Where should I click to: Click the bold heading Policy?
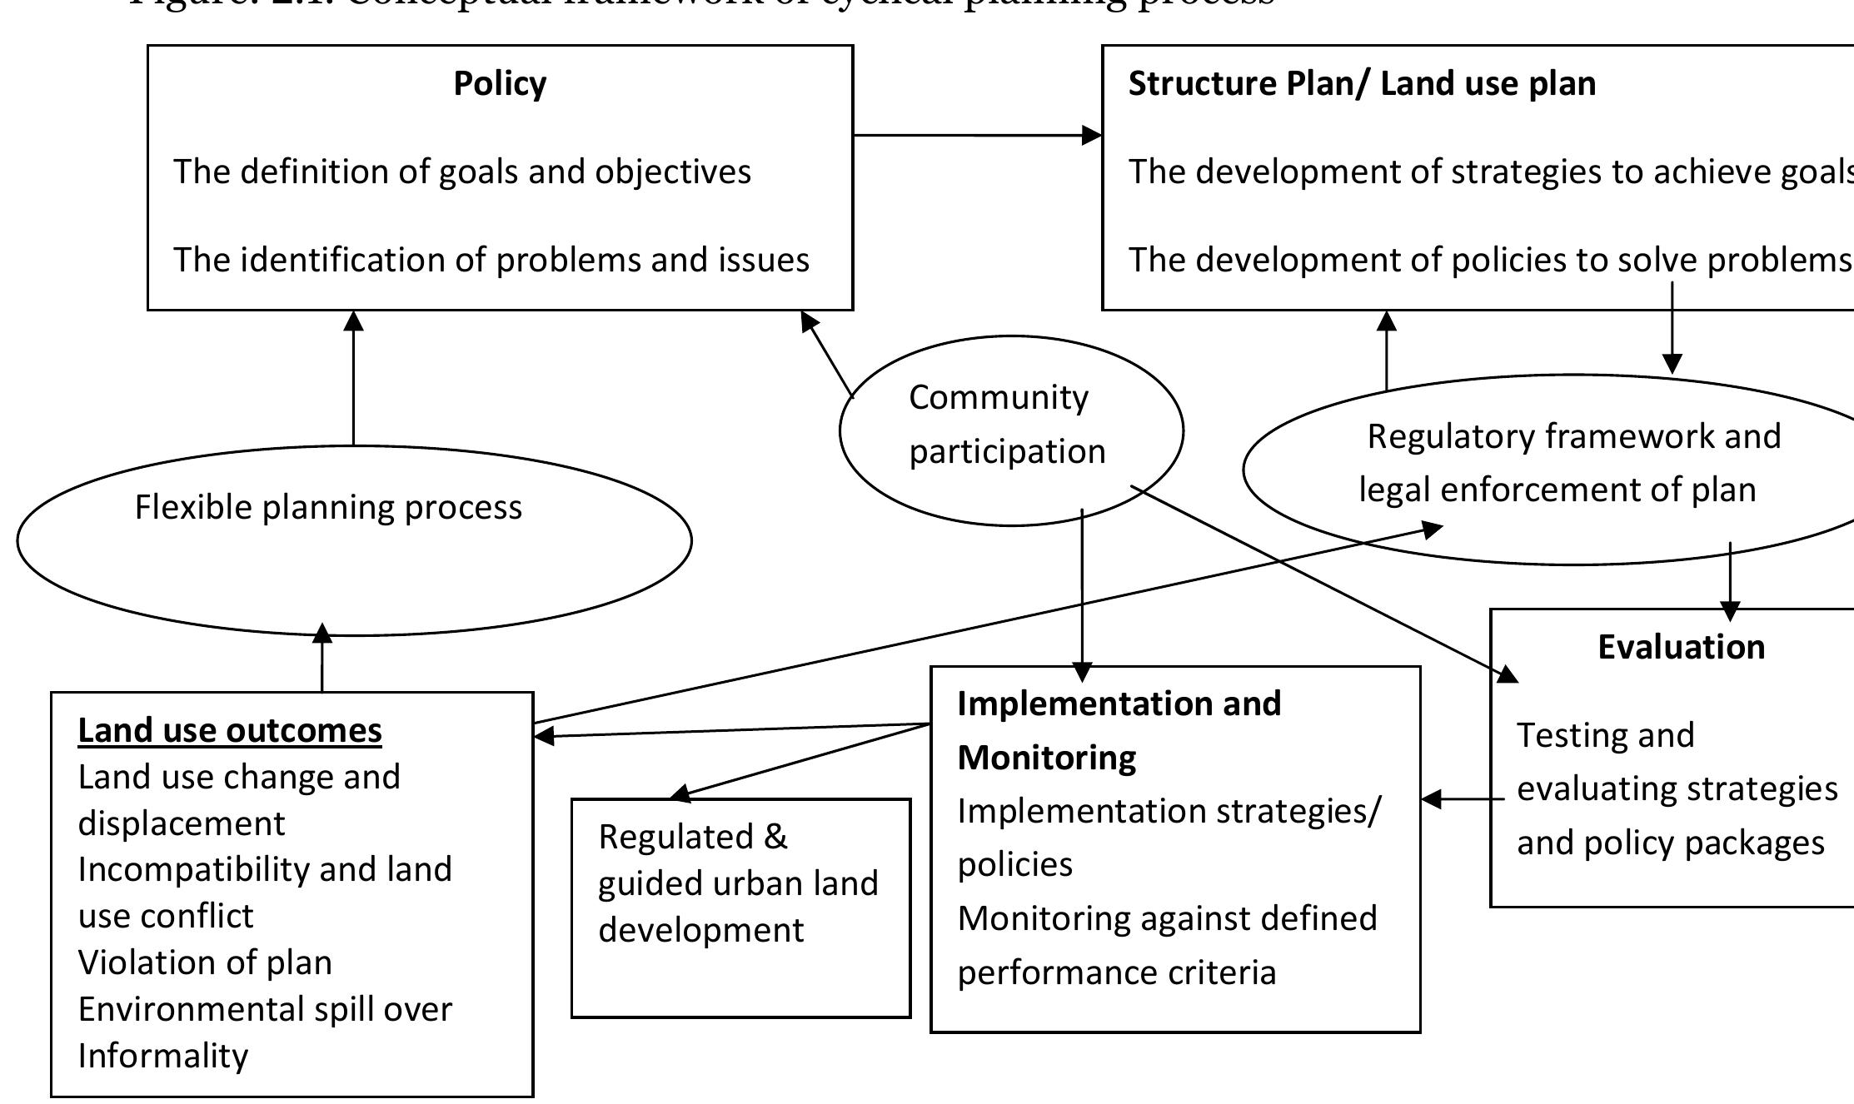500,84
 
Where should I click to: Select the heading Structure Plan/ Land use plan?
1361,84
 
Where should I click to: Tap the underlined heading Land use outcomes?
229,731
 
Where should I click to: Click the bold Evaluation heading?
1681,648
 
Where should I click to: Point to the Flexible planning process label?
328,508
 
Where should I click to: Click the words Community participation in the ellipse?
1005,425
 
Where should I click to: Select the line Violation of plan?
205,963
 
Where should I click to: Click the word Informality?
163,1057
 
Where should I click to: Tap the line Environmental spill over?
265,1010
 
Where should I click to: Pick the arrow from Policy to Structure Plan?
974,135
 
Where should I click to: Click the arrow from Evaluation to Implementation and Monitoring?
1462,799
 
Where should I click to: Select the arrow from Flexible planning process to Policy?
353,379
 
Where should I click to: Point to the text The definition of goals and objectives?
461,172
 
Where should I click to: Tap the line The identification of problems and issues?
491,261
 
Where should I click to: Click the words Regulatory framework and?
1573,437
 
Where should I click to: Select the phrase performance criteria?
1116,973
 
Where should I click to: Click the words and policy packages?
1670,843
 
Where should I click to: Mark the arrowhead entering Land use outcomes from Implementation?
544,736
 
